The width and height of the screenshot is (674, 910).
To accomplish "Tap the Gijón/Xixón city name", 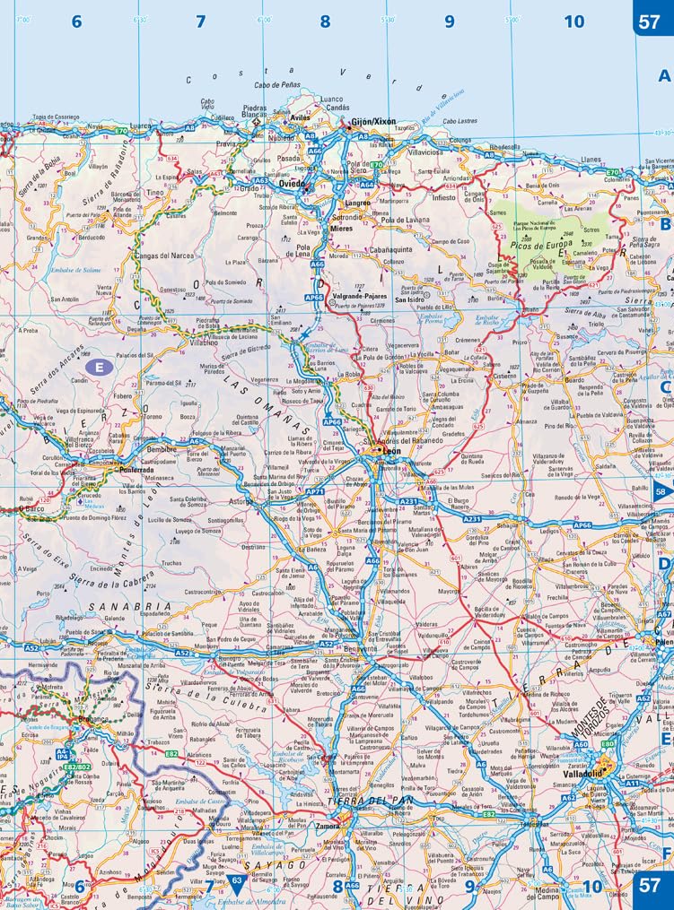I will [372, 121].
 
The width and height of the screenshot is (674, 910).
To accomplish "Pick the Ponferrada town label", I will [124, 469].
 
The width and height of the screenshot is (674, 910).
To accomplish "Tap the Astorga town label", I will [240, 501].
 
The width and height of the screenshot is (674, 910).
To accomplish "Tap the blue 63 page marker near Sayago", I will [237, 881].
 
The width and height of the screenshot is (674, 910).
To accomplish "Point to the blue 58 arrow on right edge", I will [662, 491].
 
